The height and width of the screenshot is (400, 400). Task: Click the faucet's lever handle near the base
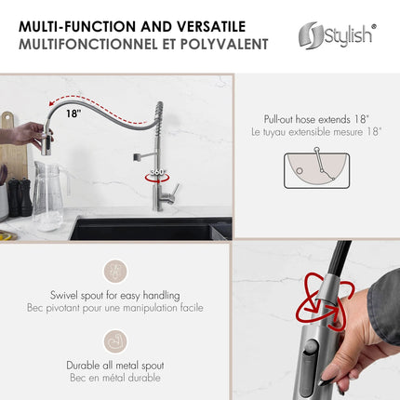pyautogui.click(x=171, y=190)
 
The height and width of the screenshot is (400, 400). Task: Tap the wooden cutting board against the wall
pyautogui.click(x=9, y=149)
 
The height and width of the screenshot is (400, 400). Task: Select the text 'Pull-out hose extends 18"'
pyautogui.click(x=316, y=119)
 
